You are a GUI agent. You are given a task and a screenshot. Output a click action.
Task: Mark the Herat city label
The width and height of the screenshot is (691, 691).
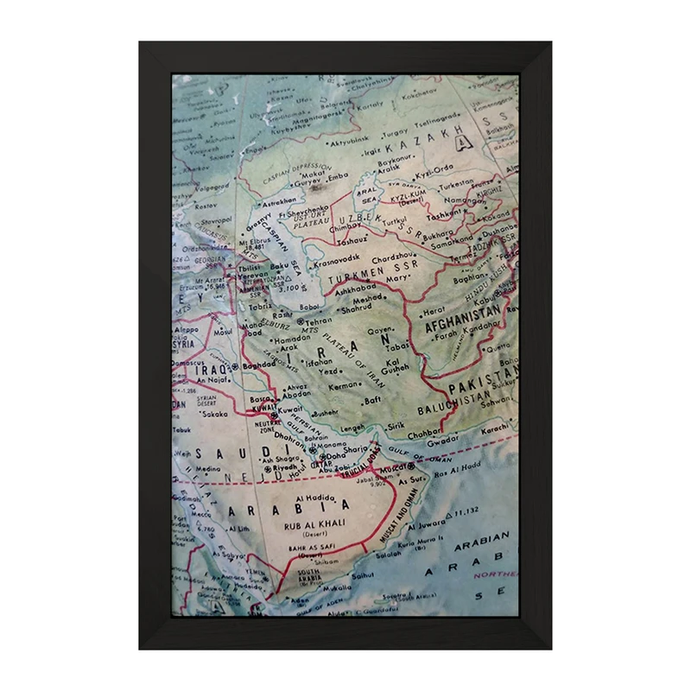[434, 310]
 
